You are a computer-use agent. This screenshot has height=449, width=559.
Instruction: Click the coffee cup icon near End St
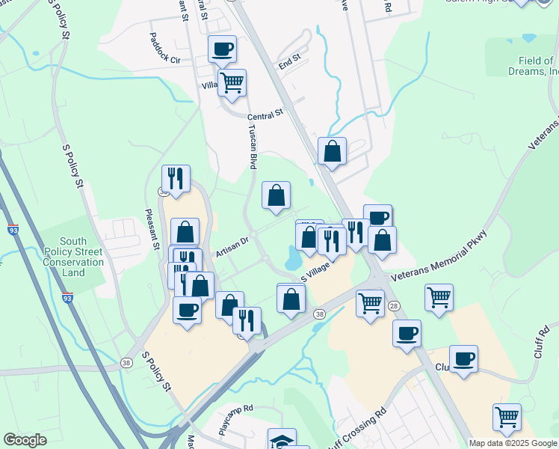(x=222, y=50)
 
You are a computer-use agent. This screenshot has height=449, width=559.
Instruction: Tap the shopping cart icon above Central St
(x=232, y=83)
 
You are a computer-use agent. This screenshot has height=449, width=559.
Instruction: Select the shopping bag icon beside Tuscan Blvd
(x=276, y=195)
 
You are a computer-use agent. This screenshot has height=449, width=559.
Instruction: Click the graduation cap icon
(x=282, y=440)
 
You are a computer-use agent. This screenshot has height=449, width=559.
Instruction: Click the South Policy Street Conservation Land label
(x=72, y=257)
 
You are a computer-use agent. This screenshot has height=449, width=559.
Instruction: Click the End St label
(x=289, y=61)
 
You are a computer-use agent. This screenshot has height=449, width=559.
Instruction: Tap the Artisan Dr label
(x=232, y=248)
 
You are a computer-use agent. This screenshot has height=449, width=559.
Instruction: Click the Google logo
(x=25, y=440)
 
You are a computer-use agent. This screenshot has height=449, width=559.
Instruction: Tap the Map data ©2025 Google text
(x=513, y=443)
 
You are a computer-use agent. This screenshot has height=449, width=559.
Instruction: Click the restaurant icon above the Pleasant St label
(x=176, y=179)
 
